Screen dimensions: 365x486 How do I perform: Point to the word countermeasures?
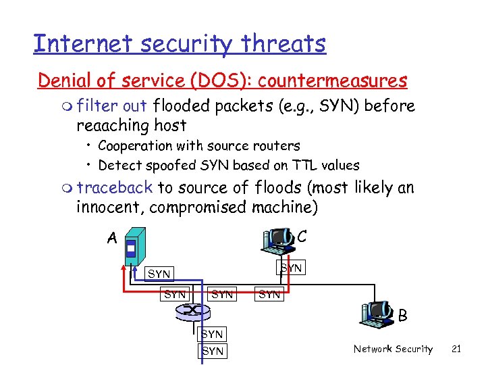332,80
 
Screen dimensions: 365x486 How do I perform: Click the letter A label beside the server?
112,237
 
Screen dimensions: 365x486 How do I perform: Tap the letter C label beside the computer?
302,236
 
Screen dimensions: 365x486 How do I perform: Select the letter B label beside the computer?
403,316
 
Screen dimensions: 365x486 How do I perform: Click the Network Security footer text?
393,349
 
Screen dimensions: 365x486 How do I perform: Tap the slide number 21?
456,349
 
